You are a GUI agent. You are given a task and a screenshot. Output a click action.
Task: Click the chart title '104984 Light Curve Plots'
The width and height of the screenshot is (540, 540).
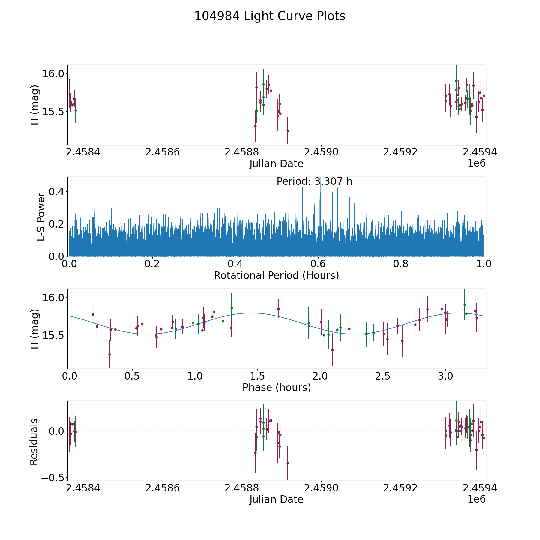tap(270, 16)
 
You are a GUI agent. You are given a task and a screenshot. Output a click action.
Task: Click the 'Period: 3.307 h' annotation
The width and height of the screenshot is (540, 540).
tap(314, 181)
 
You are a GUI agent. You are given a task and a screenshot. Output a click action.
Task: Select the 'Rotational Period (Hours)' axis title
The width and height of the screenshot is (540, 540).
tap(276, 275)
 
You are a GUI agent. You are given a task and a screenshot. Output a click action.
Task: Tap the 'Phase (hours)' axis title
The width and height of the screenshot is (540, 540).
tap(276, 387)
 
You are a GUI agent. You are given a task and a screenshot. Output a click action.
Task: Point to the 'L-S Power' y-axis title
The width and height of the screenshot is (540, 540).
tap(41, 217)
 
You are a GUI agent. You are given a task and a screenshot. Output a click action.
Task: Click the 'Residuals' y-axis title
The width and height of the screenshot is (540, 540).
tap(34, 442)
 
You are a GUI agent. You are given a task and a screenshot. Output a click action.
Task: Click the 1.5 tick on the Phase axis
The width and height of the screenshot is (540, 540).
tap(258, 376)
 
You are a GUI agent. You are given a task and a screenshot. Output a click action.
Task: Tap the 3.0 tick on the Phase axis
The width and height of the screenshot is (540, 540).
tap(445, 376)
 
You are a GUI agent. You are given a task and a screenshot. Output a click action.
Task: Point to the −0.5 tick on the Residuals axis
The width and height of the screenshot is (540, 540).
tap(52, 478)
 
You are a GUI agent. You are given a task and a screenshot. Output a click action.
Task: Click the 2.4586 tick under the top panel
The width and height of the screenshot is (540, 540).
tap(162, 152)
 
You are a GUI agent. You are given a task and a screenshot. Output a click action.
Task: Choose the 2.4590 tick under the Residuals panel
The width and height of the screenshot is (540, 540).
tap(321, 488)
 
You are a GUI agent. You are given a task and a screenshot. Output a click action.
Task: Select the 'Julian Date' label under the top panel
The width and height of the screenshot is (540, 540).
tap(276, 164)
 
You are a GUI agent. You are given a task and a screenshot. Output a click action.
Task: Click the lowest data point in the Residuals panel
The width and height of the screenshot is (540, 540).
tap(288, 463)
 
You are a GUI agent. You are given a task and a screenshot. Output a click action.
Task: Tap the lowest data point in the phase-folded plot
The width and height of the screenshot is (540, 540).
tap(109, 354)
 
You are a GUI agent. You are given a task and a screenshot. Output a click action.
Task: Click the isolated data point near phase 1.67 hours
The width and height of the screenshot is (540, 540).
tap(278, 309)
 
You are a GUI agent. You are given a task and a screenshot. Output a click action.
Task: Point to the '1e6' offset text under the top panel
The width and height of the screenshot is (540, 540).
tap(476, 163)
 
